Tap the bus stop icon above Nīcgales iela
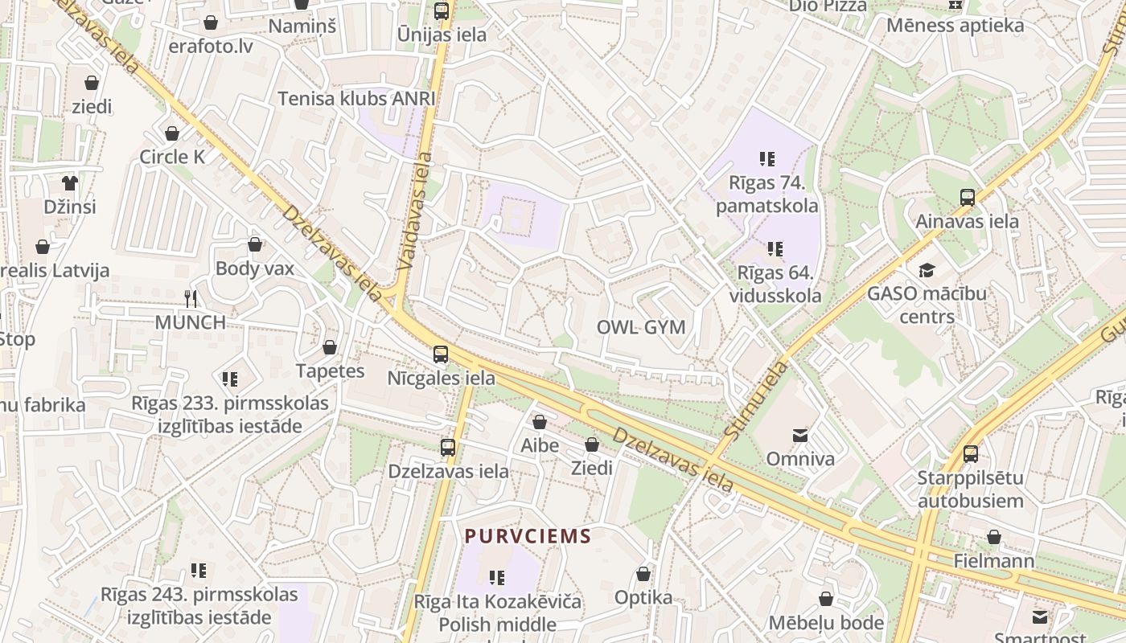441,354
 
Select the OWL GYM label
641,327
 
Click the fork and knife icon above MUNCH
191,299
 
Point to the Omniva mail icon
800,436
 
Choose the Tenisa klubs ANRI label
356,99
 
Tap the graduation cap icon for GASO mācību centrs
927,270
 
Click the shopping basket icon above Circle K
172,133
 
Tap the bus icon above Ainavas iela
968,198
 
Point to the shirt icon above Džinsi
70,183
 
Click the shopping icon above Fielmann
994,537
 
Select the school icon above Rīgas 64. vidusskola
775,249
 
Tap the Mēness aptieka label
955,26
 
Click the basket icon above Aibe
540,422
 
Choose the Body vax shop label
255,268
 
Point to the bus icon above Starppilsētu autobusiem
971,454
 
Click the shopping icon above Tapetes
330,348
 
